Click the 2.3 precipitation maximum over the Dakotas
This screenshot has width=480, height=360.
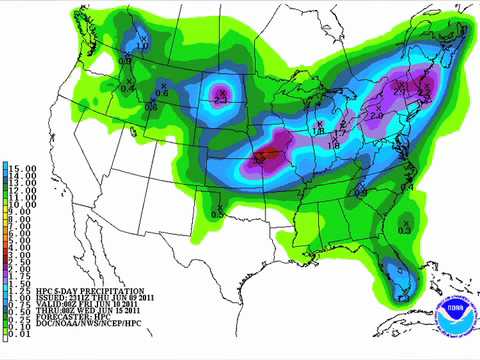coord(222,96)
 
